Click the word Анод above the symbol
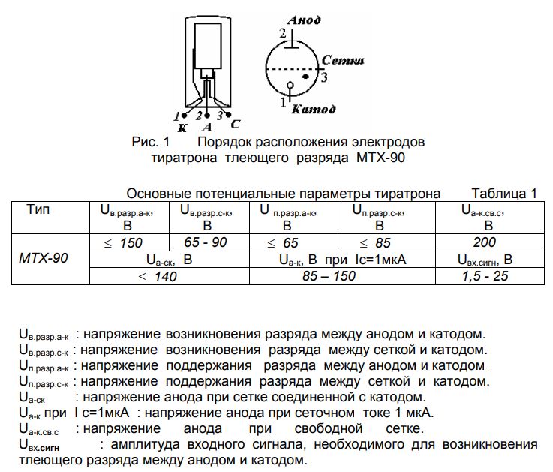(304, 20)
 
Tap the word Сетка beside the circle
(343, 60)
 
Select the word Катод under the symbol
(314, 110)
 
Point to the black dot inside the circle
(306, 77)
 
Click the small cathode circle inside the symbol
(290, 85)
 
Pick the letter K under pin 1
(182, 128)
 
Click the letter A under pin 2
(207, 128)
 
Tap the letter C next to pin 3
(236, 124)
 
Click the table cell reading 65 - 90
(206, 242)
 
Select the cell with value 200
(485, 242)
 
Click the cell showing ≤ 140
(158, 277)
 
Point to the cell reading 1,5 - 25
(485, 276)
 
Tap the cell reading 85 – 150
(329, 276)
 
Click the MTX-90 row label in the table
(43, 258)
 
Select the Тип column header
(38, 209)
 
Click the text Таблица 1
(504, 194)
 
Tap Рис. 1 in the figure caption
(151, 142)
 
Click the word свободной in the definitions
(329, 428)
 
